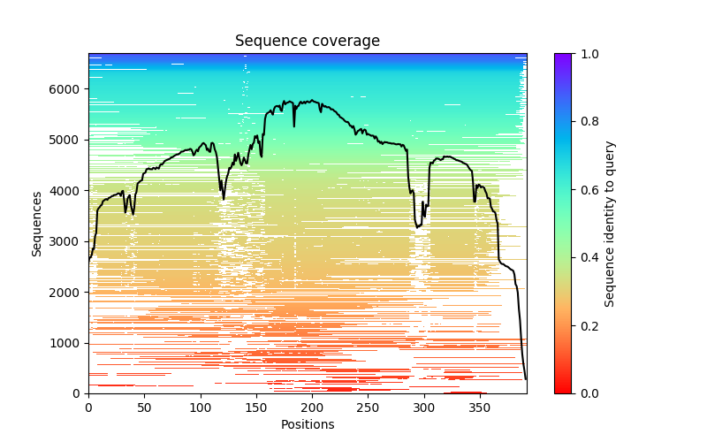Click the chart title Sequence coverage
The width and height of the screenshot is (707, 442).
pyautogui.click(x=308, y=42)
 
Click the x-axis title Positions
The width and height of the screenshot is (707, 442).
pyautogui.click(x=308, y=424)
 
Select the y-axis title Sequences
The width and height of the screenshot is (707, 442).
pyautogui.click(x=37, y=224)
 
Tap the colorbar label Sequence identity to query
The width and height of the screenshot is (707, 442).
pyautogui.click(x=610, y=224)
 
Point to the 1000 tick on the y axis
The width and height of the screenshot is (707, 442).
pyautogui.click(x=67, y=343)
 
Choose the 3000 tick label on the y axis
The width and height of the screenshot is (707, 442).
pyautogui.click(x=67, y=241)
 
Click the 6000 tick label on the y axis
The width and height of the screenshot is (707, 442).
pyautogui.click(x=67, y=89)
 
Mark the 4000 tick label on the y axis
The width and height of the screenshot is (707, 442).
pyautogui.click(x=67, y=191)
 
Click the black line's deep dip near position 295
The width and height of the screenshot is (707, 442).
pyautogui.click(x=418, y=226)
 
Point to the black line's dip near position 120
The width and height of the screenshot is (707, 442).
pyautogui.click(x=223, y=199)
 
